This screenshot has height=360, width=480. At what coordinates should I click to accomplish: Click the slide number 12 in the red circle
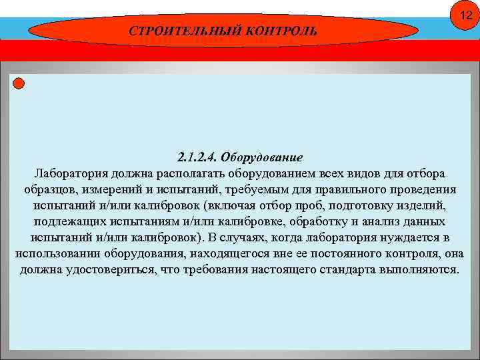click(460, 15)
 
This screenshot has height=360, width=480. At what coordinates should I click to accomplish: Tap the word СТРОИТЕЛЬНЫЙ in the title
click(172, 31)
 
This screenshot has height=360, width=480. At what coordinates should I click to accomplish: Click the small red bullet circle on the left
click(19, 83)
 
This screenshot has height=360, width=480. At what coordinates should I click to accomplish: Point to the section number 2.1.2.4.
click(197, 158)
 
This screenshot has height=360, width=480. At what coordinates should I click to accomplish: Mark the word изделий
click(425, 206)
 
